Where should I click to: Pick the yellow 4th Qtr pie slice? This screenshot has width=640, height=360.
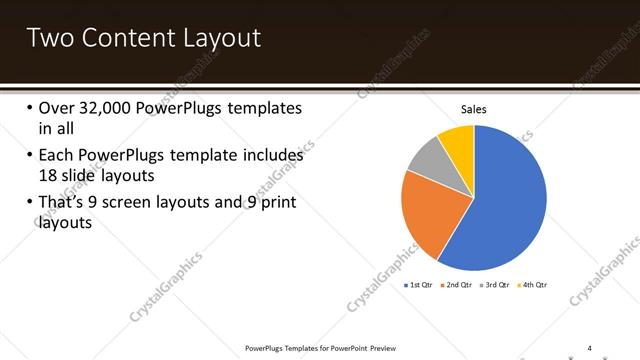(x=458, y=140)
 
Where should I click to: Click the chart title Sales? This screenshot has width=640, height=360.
(x=474, y=109)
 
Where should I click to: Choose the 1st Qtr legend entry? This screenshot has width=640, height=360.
(x=418, y=285)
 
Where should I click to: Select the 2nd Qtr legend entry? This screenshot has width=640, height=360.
(x=459, y=285)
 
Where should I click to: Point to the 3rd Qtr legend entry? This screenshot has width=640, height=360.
(x=497, y=285)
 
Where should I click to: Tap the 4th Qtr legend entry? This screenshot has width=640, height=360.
(x=535, y=285)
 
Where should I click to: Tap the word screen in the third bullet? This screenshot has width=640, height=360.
(x=150, y=203)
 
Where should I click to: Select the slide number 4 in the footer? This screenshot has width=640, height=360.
(x=589, y=347)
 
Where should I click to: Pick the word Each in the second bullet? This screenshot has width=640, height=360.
(x=57, y=155)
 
